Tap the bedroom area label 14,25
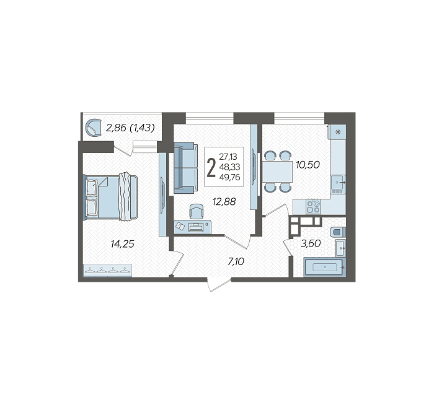coord(122,244)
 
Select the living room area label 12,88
coord(224,202)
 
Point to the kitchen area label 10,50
coord(308,165)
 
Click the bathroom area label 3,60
coord(311,243)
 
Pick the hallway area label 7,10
coord(236,261)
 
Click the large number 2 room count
coord(211,168)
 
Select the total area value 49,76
coord(229,177)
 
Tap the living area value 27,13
coord(228,157)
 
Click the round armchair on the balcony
coord(94,128)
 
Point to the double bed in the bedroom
coord(111,196)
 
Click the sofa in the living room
coord(185,168)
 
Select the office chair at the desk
coord(197,212)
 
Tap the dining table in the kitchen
coord(277,172)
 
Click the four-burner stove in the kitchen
coord(313,206)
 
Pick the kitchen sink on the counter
coord(338,185)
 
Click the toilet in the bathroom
coord(339,232)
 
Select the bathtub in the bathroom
coord(324,267)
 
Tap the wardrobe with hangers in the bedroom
coord(108,271)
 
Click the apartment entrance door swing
coord(219,285)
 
